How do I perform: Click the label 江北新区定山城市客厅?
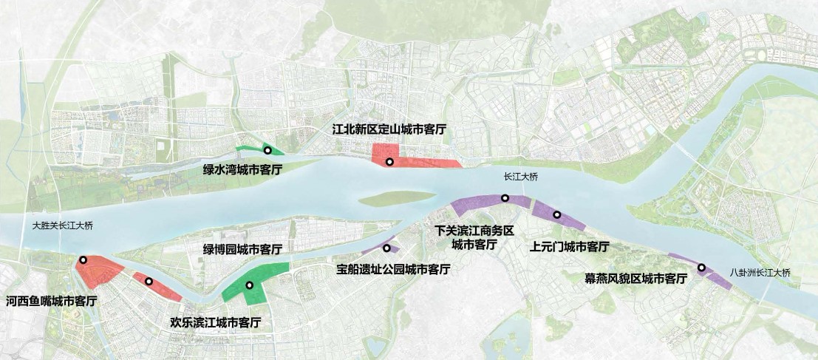pos(389,129)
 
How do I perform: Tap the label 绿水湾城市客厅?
pos(242,169)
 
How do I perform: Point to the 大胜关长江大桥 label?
pos(65,225)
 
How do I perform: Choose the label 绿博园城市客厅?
pos(242,248)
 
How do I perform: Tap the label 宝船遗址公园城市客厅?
pos(392,270)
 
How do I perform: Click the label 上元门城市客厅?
pos(570,246)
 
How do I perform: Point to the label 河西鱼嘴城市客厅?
pos(52,302)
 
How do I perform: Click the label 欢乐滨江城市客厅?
pos(215,322)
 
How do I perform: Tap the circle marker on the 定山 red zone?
pos(389,161)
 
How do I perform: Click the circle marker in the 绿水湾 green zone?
pos(267,151)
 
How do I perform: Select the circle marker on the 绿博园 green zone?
pos(250,285)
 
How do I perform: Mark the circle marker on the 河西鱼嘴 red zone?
pos(83,259)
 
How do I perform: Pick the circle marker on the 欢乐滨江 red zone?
pos(149,281)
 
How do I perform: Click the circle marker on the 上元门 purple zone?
pos(556,215)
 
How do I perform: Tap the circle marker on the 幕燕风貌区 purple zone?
pos(701,268)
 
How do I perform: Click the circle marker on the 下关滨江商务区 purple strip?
pos(505,197)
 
